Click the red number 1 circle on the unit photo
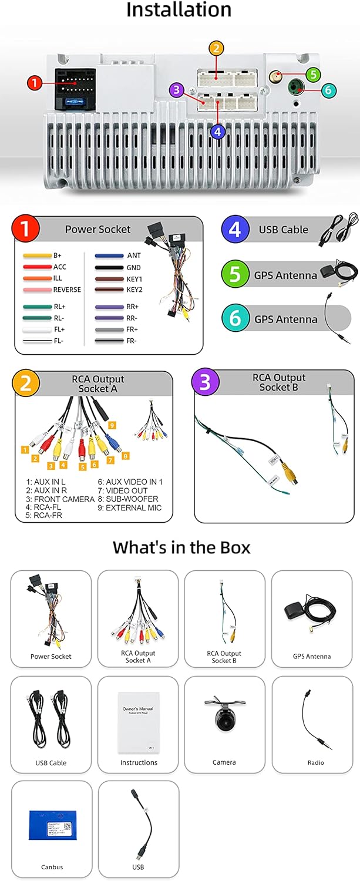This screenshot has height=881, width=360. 35,83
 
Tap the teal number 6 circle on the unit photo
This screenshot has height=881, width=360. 329,90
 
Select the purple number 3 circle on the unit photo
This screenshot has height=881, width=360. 176,90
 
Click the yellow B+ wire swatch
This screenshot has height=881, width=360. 36,256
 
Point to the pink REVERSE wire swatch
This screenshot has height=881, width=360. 36,290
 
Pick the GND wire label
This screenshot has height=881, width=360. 133,267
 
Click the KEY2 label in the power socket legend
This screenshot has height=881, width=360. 134,290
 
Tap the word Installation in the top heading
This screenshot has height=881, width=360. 179,10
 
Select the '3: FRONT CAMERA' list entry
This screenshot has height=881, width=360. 60,499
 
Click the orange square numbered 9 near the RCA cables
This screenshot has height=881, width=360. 112,425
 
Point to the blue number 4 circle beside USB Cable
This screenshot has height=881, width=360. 235,230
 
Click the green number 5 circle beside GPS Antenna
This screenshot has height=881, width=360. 235,274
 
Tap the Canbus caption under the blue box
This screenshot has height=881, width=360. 52,867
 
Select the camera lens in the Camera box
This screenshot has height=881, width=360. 224,721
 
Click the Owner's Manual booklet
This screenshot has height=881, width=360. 139,722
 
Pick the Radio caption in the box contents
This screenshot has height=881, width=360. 311,762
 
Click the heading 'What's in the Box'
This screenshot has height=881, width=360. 181,547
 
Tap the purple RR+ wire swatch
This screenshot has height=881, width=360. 109,307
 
